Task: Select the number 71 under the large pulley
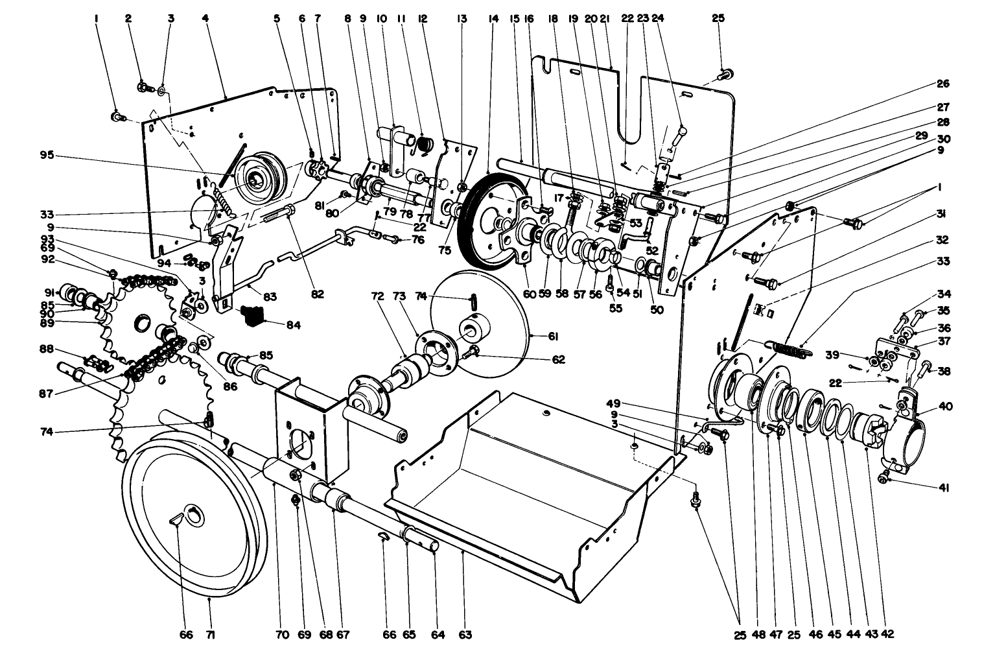[210, 635]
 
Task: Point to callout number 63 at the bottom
[464, 635]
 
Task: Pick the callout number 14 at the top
[494, 19]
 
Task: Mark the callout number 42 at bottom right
[887, 634]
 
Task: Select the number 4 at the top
[205, 19]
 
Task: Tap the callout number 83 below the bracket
[270, 296]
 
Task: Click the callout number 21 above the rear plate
[605, 19]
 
